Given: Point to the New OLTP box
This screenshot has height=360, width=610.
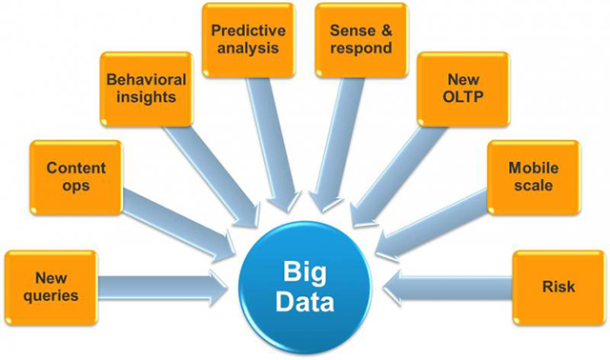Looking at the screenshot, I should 459,90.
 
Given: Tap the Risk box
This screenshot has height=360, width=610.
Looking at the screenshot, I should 558,285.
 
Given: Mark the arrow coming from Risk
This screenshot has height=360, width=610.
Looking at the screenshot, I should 448,285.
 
